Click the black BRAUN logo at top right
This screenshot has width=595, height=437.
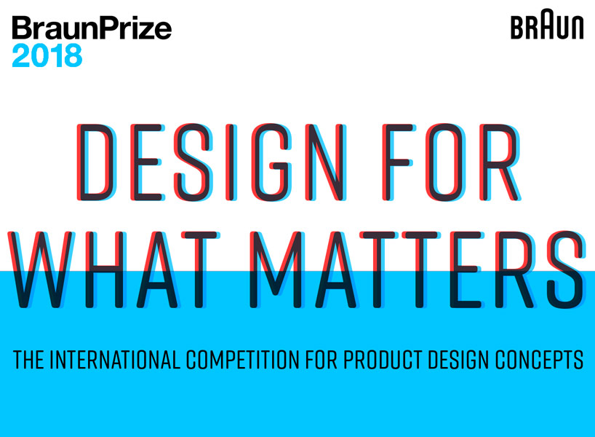547,24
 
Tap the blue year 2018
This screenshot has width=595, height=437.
47,55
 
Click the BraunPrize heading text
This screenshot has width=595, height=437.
92,28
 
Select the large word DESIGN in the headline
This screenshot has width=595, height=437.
212,162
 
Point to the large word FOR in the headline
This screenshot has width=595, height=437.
452,162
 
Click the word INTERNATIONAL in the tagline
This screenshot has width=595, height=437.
115,360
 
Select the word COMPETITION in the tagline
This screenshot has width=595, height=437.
242,360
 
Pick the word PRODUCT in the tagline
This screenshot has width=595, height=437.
383,360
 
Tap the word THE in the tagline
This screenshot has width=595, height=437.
28,360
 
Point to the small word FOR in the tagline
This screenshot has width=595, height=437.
322,360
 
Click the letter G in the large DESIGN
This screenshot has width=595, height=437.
272,162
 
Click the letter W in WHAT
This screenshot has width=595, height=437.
41,269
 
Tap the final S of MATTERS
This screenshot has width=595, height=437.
567,269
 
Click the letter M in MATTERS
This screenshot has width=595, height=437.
276,269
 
